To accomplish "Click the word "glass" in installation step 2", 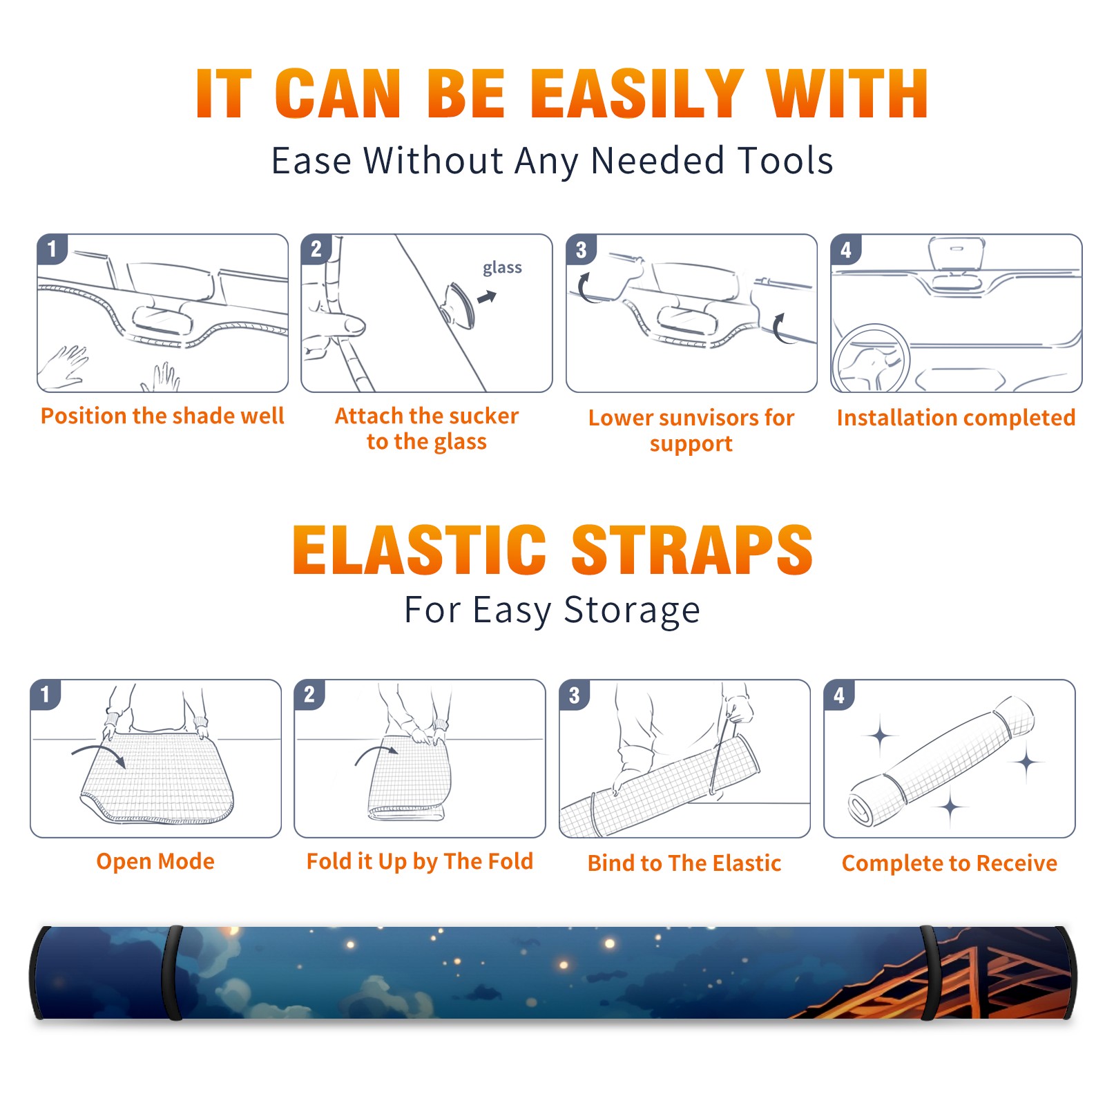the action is [502, 268].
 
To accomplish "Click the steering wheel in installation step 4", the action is [871, 358].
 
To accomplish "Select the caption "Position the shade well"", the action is [162, 416].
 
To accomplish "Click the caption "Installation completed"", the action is [957, 418].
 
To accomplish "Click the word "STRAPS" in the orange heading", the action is [692, 550].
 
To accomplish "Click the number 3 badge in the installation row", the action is [581, 249].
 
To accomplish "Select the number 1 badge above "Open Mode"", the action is [46, 694].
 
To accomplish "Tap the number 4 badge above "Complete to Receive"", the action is [839, 695].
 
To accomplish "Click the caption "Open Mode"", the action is [155, 861].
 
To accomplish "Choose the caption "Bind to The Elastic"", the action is [684, 863].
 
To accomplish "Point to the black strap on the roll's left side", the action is [173, 973].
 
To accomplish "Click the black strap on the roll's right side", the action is [930, 973].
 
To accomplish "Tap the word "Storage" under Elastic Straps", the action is [632, 611].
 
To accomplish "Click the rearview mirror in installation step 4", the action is [957, 254].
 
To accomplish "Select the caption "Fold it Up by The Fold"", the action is [420, 861].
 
